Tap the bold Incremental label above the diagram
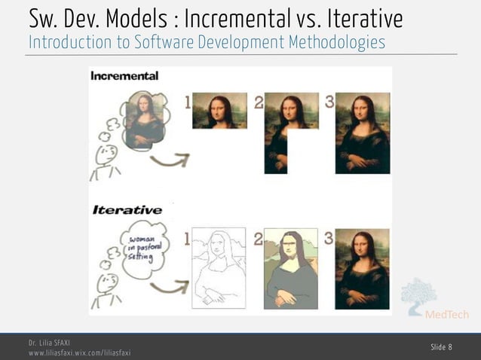point(124,76)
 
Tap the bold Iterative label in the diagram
point(127,210)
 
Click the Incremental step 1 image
point(219,111)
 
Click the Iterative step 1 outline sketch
point(219,268)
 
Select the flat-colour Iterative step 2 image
point(290,269)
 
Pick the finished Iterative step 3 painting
point(362,269)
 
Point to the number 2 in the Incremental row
point(259,102)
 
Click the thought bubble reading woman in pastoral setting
point(139,248)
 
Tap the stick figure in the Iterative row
point(106,294)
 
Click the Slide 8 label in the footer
point(441,346)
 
